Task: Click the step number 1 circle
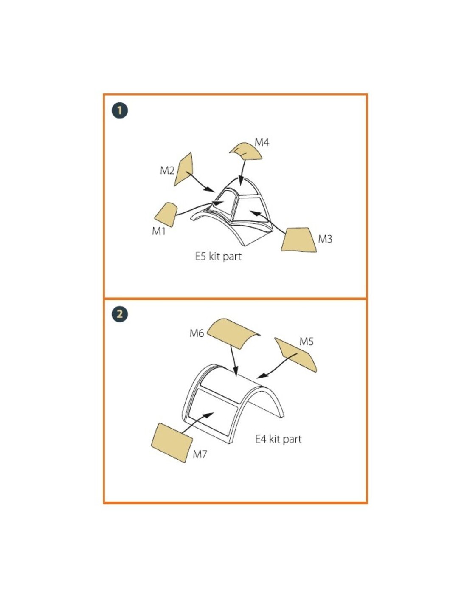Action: click(x=120, y=111)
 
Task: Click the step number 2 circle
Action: click(x=120, y=314)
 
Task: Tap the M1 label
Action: click(x=159, y=231)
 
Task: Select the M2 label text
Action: click(x=167, y=170)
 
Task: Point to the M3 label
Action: click(x=325, y=239)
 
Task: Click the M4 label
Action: click(x=262, y=142)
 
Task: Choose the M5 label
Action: click(x=306, y=342)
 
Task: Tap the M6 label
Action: click(x=197, y=333)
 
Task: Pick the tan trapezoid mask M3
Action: click(x=298, y=240)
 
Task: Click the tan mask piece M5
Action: click(x=295, y=354)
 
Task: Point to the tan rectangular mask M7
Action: click(x=172, y=443)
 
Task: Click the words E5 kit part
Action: click(x=218, y=256)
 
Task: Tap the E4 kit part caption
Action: click(x=279, y=439)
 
